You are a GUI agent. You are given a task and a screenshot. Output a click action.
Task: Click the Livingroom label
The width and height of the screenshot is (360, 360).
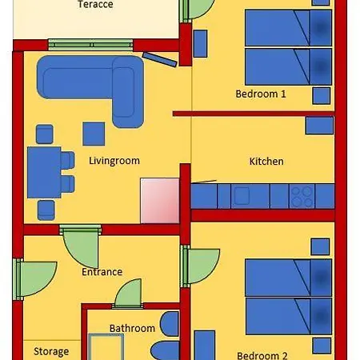tap(114, 161)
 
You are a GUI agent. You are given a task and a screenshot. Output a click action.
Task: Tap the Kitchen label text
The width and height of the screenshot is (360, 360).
tap(266, 162)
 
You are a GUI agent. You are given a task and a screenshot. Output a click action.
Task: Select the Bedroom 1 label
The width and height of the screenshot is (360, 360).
tap(261, 94)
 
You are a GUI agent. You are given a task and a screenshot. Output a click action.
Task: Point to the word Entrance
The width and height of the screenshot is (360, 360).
tap(102, 272)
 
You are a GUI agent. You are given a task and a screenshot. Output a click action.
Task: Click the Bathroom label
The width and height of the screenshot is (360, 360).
tap(132, 328)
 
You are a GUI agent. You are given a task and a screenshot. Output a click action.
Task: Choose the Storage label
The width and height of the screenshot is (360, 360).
tap(51, 352)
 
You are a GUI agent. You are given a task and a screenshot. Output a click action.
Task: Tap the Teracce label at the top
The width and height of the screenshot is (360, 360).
tap(95, 4)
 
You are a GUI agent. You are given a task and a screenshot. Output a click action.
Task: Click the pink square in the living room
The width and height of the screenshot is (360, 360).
tap(160, 201)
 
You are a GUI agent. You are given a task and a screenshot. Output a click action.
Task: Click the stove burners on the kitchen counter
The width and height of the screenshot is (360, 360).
tap(302, 196)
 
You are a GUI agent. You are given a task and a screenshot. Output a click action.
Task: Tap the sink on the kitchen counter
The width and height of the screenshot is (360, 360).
tap(242, 196)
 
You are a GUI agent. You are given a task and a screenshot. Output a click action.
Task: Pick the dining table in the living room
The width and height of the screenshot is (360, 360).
tap(44, 172)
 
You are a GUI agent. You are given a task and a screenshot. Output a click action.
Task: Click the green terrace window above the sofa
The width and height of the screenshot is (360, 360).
tap(90, 45)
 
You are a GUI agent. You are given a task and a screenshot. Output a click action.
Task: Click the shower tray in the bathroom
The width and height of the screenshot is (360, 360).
tap(106, 346)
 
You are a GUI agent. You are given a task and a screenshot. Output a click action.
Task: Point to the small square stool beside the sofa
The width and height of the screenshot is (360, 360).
tap(94, 134)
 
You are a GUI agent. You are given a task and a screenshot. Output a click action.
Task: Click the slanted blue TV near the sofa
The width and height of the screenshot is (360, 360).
tap(160, 59)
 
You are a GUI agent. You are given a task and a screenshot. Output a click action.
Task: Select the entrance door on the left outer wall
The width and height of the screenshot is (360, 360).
tap(35, 279)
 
